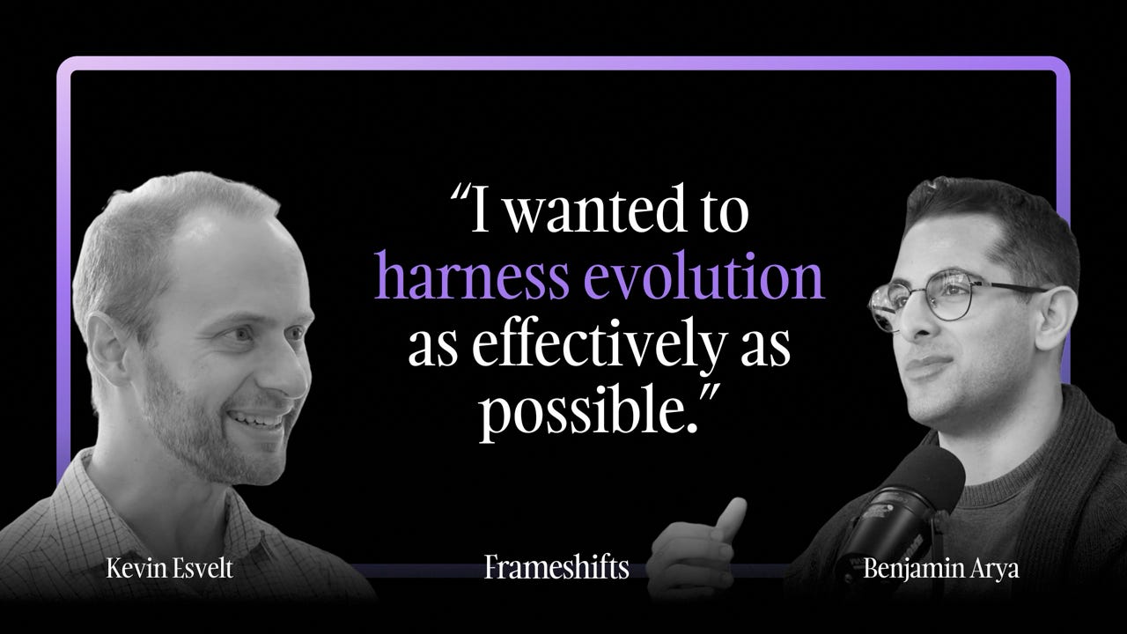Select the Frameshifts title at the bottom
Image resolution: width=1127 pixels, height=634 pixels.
556,568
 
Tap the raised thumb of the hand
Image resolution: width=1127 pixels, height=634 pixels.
730,514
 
